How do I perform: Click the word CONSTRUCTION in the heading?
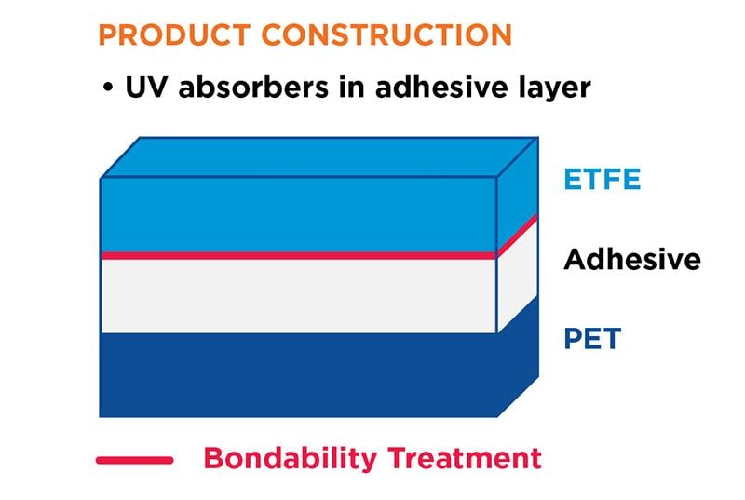tap(386, 35)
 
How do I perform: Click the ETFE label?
tap(603, 179)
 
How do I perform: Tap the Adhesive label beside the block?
tap(631, 258)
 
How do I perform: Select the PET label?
tap(592, 338)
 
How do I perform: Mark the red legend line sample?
tap(134, 460)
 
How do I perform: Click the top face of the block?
tap(317, 156)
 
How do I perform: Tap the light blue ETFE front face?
tap(298, 214)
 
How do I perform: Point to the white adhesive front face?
tap(298, 295)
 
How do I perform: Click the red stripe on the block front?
tap(298, 255)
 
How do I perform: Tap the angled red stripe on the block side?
tap(518, 235)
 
